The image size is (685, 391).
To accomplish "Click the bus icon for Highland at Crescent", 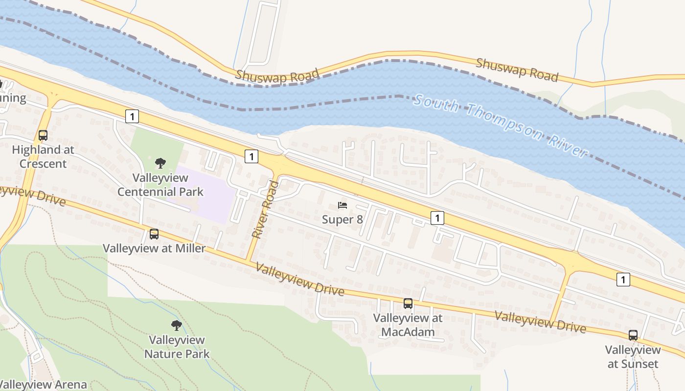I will coord(43,135).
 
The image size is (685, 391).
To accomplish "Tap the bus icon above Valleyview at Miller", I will coord(154,234).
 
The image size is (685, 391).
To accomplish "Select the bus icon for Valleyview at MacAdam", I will coord(408,304).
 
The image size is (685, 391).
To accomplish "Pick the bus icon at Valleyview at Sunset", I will coord(633,335).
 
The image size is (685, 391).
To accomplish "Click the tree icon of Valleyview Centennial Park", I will coord(160,163).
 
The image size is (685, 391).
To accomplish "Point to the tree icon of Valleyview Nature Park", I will coord(177,325).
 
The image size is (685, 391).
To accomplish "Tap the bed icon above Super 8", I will coord(342,205).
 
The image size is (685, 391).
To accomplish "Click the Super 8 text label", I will coord(342,219).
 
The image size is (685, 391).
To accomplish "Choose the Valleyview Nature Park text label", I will coord(177,347).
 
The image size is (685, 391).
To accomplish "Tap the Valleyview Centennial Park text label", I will coord(160,184).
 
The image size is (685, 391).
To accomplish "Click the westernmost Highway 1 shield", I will coord(132,116).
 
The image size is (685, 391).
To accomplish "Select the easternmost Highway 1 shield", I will coord(623,280).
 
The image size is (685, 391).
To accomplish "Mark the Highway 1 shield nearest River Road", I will coord(251,156).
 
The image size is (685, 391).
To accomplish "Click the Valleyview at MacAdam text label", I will coord(408,325).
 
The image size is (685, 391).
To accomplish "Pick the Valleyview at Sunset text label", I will coord(633,357).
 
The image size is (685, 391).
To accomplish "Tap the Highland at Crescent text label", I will coord(43,156).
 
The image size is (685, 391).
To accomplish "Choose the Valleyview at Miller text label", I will coord(154,248).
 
